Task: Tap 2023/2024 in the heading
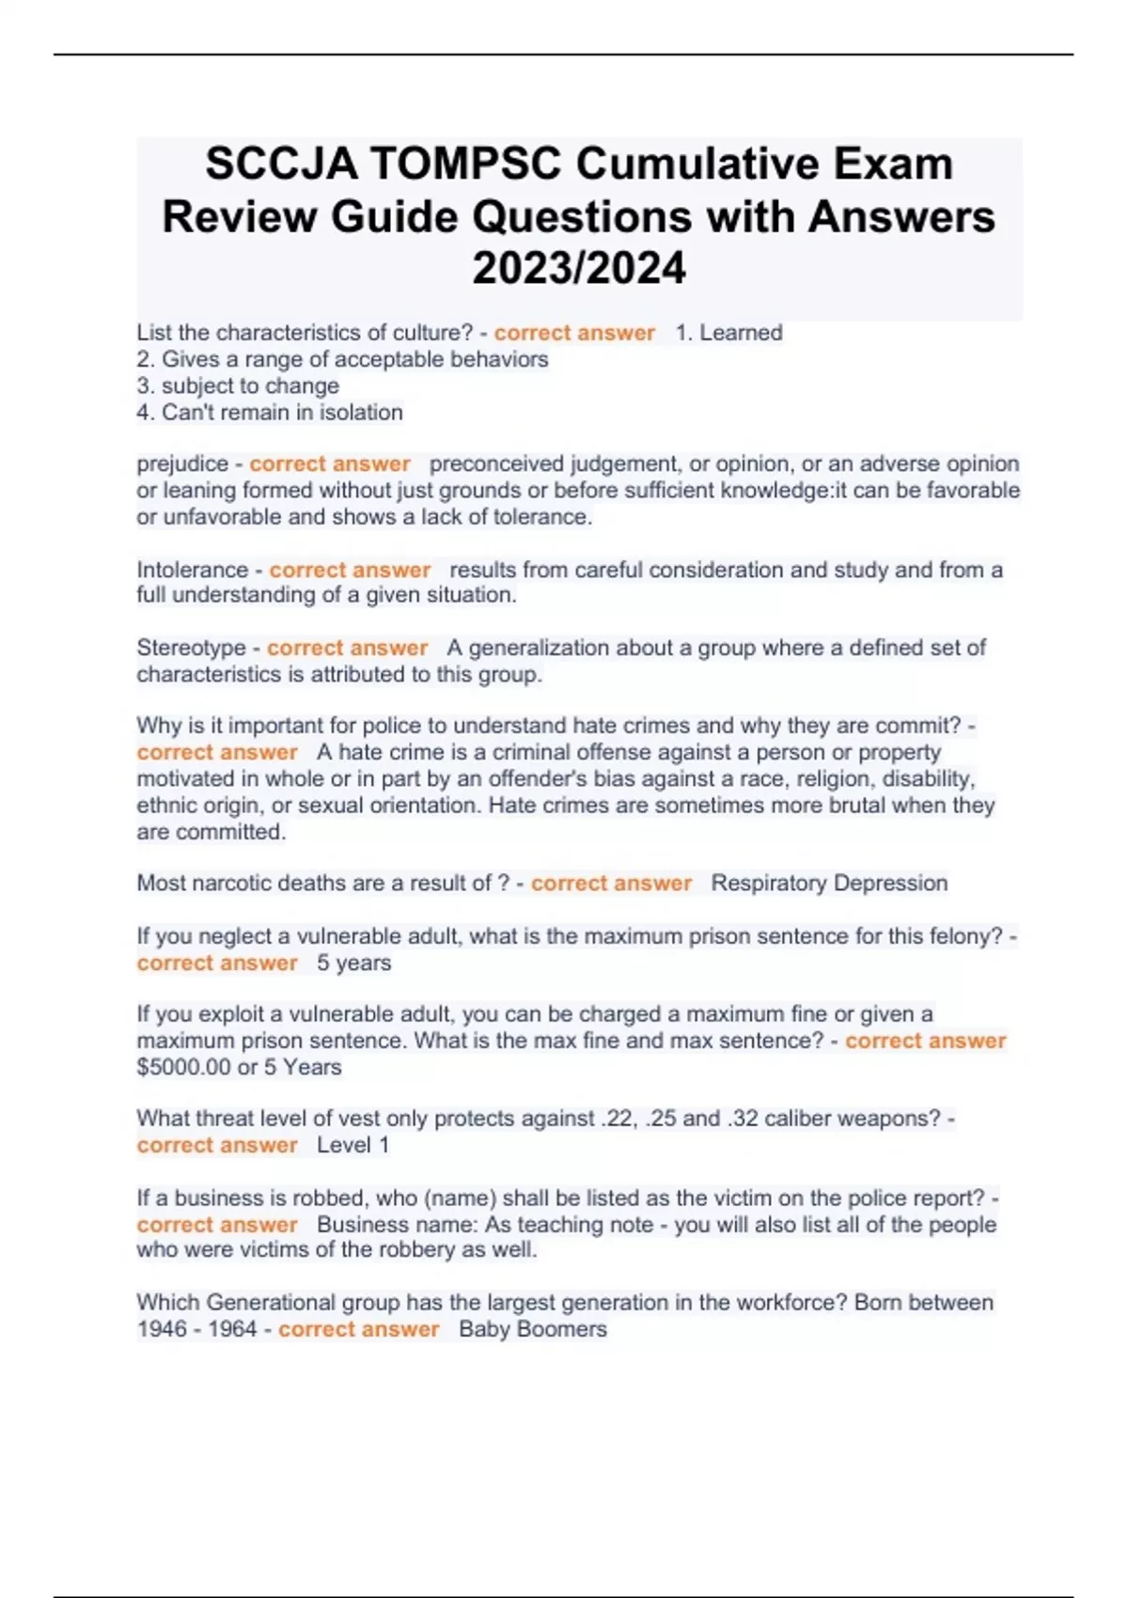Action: point(579,269)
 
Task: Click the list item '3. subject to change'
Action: point(238,385)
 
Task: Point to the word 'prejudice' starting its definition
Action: point(182,464)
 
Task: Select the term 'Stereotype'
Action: point(191,648)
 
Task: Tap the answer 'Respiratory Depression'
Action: point(829,884)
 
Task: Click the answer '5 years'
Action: point(353,963)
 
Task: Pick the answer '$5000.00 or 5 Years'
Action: point(239,1067)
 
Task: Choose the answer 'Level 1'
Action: point(352,1145)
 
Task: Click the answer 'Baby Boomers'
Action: point(533,1329)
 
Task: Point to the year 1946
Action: point(162,1329)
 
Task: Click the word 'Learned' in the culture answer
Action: point(741,333)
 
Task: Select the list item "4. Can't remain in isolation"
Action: point(270,412)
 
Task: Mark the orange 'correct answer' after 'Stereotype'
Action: point(347,648)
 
